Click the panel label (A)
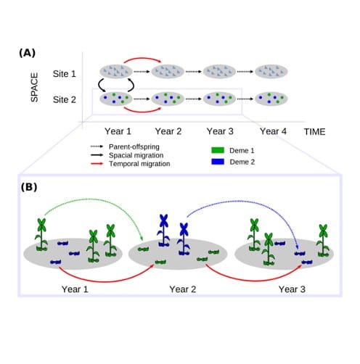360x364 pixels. tap(28, 53)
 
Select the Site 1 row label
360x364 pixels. tap(66, 73)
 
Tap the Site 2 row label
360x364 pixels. tap(66, 97)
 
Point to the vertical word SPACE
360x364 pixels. tap(33, 85)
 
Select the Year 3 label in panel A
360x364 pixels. tap(220, 132)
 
